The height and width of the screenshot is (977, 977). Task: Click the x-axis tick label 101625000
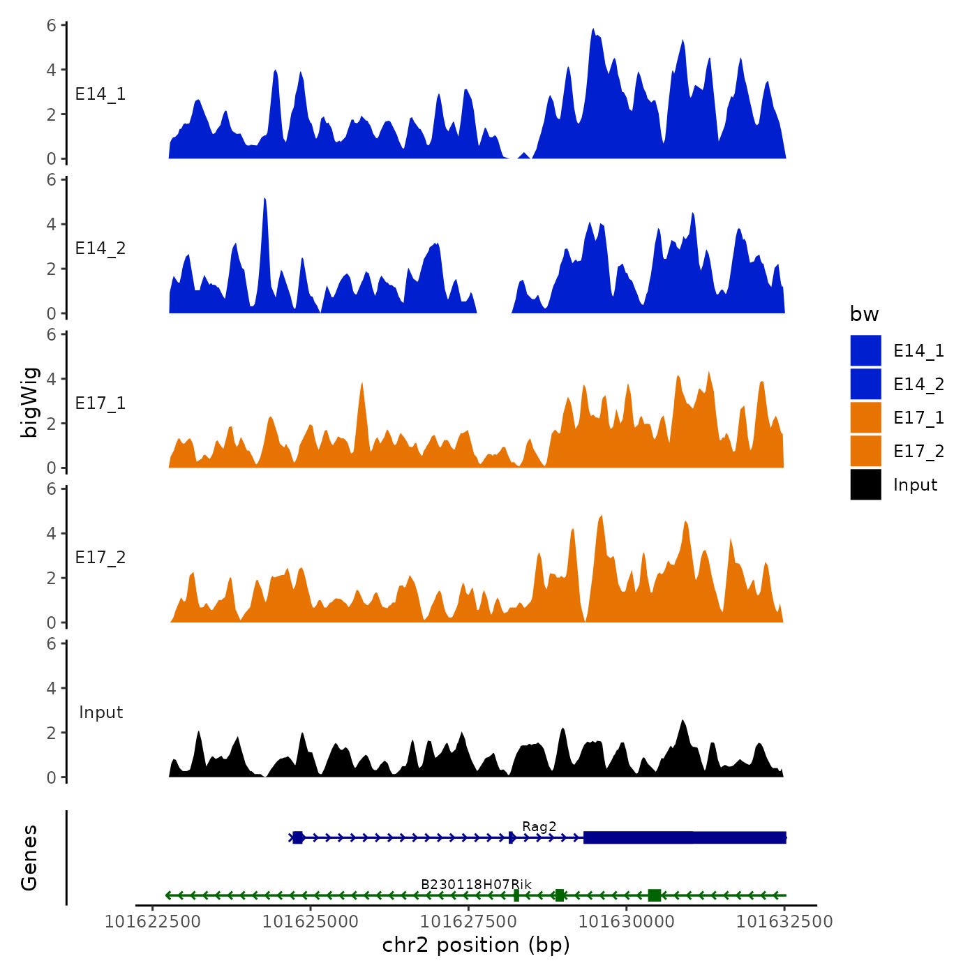pos(310,922)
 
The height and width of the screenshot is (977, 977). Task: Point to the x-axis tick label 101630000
pos(626,922)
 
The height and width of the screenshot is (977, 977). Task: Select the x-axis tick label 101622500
pos(152,922)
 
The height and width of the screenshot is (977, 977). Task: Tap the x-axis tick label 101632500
pos(784,922)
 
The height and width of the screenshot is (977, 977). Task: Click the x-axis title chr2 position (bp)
pos(476,946)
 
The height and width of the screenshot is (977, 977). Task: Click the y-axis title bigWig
pos(30,402)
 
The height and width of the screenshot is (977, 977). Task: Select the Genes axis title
pos(30,858)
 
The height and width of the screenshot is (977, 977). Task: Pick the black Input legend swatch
pos(865,484)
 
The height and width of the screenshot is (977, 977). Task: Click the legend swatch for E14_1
pos(865,350)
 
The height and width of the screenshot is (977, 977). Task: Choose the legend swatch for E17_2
pos(865,451)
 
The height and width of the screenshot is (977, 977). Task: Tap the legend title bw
pos(864,315)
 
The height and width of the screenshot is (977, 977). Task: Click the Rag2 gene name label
pos(539,827)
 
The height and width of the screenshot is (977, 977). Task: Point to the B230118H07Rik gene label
pos(476,885)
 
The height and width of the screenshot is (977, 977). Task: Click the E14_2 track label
pos(100,248)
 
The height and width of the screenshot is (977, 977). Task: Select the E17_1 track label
pos(100,403)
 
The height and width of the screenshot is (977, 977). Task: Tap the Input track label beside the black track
pos(100,713)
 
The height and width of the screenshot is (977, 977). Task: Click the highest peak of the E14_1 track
pos(593,30)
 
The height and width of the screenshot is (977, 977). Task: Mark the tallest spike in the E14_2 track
pos(264,200)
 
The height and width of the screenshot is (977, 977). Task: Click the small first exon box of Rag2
pos(298,837)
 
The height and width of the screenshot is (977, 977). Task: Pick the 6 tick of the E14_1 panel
pos(52,25)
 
